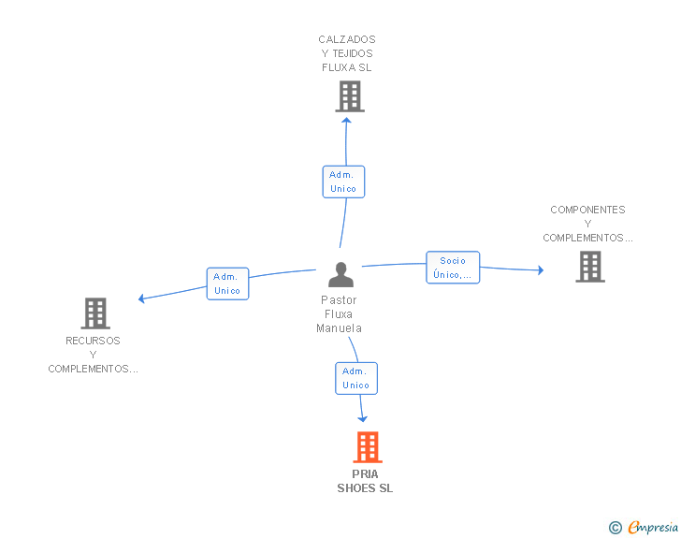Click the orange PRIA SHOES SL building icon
(x=368, y=446)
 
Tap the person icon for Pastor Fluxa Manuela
(x=340, y=275)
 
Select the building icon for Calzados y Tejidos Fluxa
(x=350, y=97)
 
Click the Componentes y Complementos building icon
(x=590, y=267)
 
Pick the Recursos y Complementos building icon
(x=95, y=313)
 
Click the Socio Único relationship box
(x=453, y=268)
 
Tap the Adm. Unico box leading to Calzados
(x=343, y=182)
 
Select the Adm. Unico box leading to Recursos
(x=227, y=284)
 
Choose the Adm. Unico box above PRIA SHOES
(x=356, y=379)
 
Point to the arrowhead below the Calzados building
(x=346, y=121)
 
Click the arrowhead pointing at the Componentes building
(x=541, y=269)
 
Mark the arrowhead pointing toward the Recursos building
(x=140, y=298)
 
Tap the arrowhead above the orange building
(x=362, y=419)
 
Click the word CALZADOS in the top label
(x=347, y=39)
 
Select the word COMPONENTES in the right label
(x=587, y=210)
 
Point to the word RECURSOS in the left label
(x=93, y=341)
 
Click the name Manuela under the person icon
(x=339, y=328)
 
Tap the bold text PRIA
(x=365, y=474)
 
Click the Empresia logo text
(x=653, y=528)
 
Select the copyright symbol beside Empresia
(x=615, y=528)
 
